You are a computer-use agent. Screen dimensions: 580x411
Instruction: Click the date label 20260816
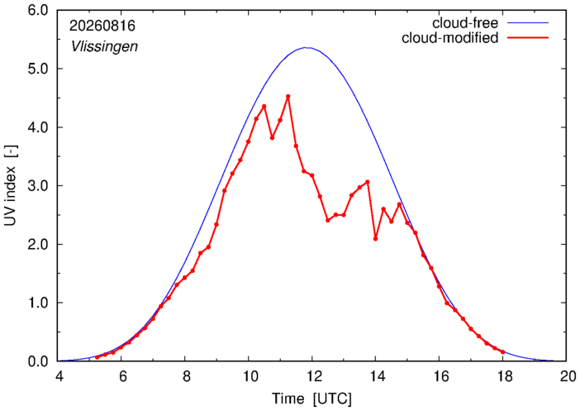pos(102,26)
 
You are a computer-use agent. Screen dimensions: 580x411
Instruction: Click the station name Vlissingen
pos(104,46)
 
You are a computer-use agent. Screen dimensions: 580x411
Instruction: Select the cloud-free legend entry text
pos(465,23)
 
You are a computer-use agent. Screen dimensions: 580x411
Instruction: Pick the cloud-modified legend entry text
pos(449,38)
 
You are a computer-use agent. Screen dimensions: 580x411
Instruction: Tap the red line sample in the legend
pos(527,38)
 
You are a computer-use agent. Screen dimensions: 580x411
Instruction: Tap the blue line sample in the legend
pos(527,23)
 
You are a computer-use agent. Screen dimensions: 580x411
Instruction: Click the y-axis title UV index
pos(11,195)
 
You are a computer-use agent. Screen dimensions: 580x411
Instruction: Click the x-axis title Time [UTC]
pos(311,399)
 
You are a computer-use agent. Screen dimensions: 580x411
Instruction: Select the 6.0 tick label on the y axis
pos(38,11)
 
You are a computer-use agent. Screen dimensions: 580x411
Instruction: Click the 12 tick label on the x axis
pos(311,377)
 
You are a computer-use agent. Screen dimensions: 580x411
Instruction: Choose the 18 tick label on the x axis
pos(502,377)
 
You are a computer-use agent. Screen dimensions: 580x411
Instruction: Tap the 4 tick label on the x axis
pos(59,377)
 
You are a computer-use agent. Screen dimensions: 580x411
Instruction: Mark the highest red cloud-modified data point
pos(288,96)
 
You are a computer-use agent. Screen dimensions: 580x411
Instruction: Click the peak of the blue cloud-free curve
pos(307,47)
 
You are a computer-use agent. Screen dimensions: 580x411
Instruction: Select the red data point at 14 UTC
pos(375,239)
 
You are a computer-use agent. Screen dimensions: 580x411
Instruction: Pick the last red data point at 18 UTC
pos(502,352)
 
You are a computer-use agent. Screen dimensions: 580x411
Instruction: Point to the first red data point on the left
pos(97,357)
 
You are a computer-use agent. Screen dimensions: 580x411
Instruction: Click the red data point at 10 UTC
pos(248,141)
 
